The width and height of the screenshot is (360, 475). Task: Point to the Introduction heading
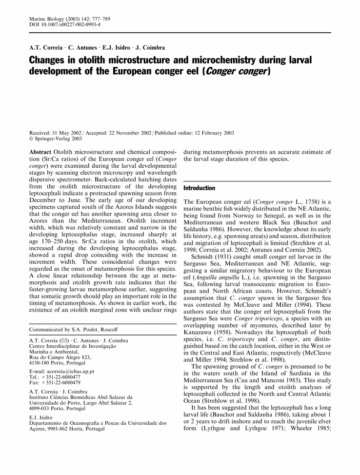click(x=199, y=188)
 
